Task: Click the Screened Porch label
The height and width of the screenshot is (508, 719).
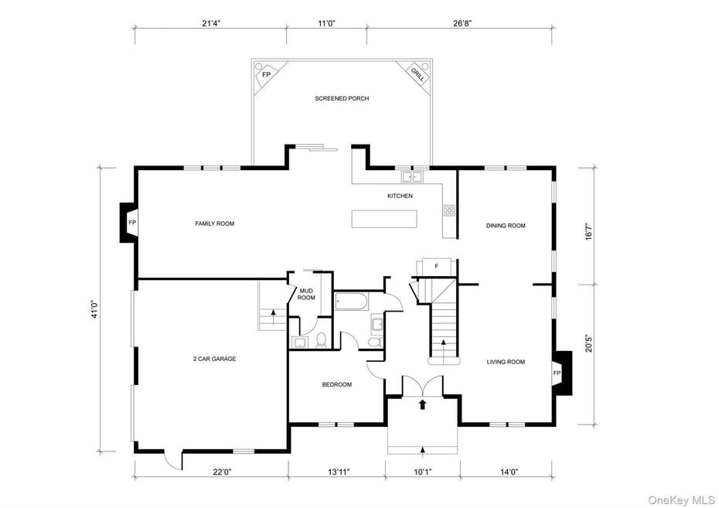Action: [342, 98]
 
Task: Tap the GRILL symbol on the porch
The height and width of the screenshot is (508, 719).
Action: [417, 74]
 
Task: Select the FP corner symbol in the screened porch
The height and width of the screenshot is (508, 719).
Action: [267, 75]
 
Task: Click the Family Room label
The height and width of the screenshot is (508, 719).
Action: [214, 223]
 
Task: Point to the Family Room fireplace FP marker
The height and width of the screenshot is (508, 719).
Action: [132, 223]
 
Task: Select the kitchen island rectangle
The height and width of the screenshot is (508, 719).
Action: [384, 219]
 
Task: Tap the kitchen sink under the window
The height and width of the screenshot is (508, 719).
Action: [407, 176]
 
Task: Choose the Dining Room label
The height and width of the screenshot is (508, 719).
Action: [506, 226]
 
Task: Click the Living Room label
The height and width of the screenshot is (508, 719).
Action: [506, 362]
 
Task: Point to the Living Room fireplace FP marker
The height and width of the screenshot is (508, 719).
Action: [556, 373]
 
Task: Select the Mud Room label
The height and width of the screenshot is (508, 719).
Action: [307, 294]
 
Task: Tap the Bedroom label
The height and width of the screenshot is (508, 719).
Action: [337, 384]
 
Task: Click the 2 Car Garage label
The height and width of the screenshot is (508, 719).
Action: [214, 359]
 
